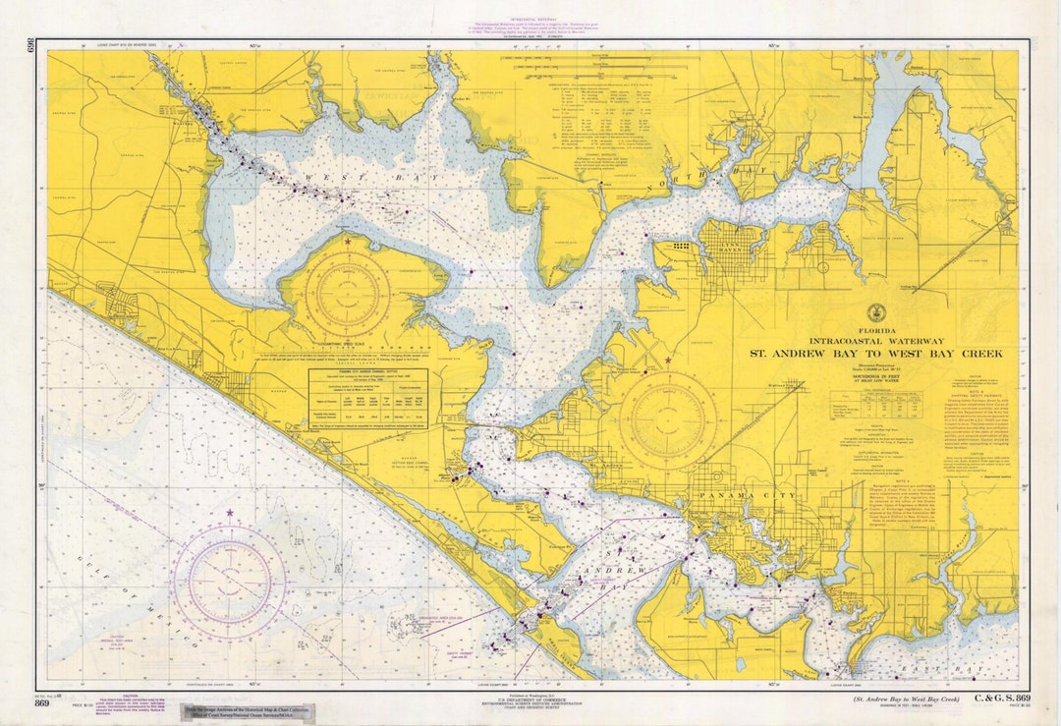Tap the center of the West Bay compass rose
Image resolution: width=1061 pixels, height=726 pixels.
tap(347, 294)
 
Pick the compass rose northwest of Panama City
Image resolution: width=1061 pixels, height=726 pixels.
tap(668, 419)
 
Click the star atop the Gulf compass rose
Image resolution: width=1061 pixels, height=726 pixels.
tap(230, 513)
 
